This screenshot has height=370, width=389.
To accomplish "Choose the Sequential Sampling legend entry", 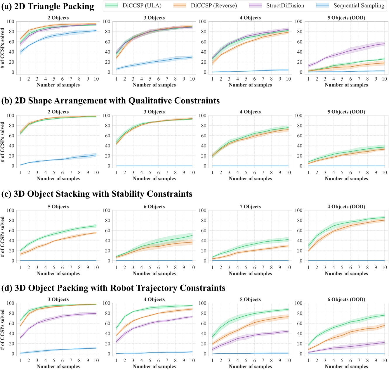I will point(359,6).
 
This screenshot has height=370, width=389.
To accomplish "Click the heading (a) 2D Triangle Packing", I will point(48,6).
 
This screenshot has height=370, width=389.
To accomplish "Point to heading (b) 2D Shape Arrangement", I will point(110,101).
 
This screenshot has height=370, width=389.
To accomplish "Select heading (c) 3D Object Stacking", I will point(97,194).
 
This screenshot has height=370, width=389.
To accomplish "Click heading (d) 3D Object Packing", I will point(113,288).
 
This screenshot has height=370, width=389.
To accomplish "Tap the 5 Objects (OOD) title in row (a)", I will point(346,18).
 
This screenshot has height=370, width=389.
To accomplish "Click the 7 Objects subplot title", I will point(250,207).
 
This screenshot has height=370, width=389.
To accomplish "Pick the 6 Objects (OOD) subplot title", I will point(346,300).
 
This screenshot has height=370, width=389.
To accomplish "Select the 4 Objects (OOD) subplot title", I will point(346,207).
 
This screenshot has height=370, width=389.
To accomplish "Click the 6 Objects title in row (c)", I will point(154,207).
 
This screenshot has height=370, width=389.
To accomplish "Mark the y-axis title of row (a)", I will point(3,48).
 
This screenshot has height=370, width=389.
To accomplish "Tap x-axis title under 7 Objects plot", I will point(250,274).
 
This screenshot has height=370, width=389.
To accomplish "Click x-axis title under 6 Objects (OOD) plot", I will point(346,366).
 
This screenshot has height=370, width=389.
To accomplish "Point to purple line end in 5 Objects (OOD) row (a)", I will point(384,44).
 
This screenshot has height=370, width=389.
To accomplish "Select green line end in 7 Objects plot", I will point(288,240).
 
